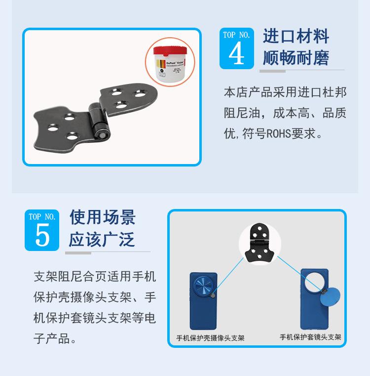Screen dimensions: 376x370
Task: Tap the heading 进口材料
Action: (x=296, y=36)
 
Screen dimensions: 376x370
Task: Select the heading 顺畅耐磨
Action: (x=296, y=58)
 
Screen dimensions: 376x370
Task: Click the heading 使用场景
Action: (x=102, y=217)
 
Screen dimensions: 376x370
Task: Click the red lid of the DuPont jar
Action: (x=169, y=50)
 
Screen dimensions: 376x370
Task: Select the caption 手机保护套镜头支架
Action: (x=310, y=337)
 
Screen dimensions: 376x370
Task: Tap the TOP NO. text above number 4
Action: (x=236, y=35)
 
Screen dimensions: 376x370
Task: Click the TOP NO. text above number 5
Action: (x=42, y=217)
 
